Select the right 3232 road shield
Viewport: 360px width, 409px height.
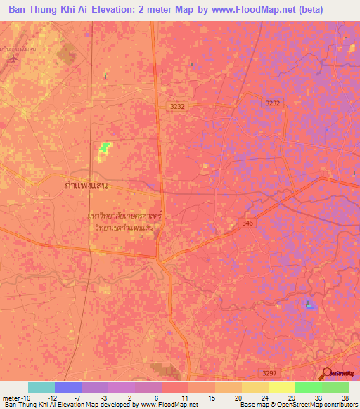click(x=272, y=103)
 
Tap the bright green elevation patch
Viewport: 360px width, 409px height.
click(x=105, y=147)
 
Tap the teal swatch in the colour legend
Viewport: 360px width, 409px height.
click(x=41, y=387)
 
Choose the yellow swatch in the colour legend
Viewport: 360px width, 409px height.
click(x=255, y=387)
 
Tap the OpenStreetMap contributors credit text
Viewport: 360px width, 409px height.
click(x=309, y=405)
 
